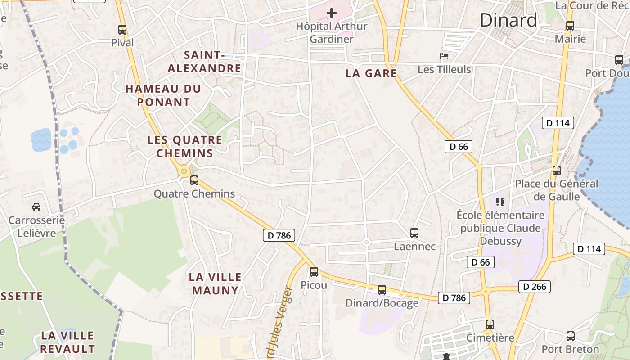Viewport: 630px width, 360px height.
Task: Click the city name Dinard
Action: pos(508,20)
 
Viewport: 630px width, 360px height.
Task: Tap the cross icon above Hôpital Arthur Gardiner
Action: pos(332,13)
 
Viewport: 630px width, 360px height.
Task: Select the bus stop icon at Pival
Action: pos(122,30)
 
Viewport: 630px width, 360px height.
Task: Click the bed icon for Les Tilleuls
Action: pos(444,57)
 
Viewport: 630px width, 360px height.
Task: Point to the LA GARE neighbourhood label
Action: pos(371,73)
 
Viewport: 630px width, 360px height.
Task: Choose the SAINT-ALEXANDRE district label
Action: pos(205,62)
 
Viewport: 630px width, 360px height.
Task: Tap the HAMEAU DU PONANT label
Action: pos(163,95)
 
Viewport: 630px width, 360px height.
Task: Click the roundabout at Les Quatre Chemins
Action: pos(184,171)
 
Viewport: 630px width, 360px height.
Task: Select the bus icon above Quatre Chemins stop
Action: pos(194,180)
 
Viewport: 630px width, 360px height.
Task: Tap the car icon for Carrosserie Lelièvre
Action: pos(36,207)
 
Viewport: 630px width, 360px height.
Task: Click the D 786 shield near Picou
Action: pos(279,235)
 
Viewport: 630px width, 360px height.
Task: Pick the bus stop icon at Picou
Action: pos(314,272)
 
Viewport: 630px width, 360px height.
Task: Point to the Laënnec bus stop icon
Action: pos(414,233)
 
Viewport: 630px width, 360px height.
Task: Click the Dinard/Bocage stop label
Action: pos(382,303)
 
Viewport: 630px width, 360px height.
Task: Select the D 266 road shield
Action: pos(535,287)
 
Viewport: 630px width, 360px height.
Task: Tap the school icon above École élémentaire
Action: pos(500,202)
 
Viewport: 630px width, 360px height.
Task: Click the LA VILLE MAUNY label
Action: pos(216,283)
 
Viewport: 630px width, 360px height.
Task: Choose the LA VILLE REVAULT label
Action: pos(67,342)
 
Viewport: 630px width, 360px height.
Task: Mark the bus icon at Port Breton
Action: pos(571,336)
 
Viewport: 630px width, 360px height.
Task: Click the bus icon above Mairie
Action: pos(570,26)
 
